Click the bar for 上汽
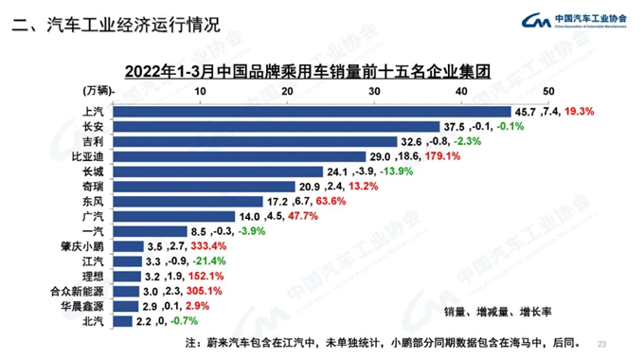[312, 111]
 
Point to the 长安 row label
[94, 126]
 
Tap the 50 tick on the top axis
[547, 90]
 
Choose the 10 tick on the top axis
[200, 90]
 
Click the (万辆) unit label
[92, 90]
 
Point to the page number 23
[604, 342]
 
